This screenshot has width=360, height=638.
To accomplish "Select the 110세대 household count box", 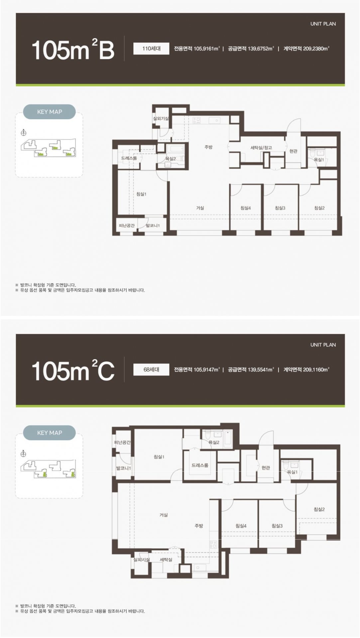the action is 151,49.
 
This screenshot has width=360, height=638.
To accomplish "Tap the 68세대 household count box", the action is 151,370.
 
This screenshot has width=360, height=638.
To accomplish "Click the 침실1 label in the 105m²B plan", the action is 141,194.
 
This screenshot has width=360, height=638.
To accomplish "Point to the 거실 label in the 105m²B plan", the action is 200,208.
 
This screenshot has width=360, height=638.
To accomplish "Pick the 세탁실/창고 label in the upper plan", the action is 261,148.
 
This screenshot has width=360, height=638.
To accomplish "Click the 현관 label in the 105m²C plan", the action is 266,468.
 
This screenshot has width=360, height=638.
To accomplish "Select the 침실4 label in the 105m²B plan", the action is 246,208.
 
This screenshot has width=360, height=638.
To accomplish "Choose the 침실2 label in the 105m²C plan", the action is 319,509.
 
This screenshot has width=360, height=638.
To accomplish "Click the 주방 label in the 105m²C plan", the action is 199,526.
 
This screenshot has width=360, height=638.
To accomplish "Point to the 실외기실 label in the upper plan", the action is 161,118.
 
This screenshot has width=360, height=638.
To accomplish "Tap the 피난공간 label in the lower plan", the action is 122,442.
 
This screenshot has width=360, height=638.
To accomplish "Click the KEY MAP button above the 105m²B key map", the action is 50,112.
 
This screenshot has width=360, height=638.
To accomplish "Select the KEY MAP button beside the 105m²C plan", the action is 50,433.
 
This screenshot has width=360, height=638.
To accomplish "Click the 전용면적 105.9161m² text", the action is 197,49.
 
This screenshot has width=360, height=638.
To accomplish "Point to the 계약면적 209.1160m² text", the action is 306,370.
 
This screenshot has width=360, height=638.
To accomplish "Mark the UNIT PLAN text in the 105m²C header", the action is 323,345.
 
